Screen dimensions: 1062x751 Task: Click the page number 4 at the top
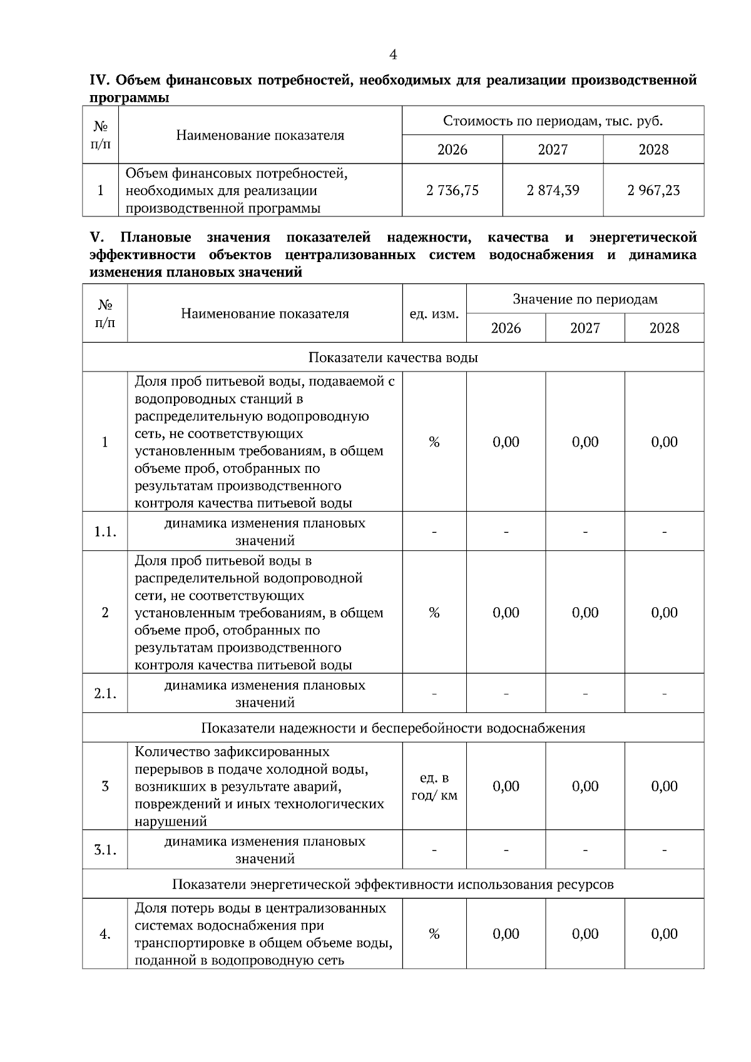393,55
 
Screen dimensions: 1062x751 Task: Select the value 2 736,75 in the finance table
452,190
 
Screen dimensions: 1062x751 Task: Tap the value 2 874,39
553,190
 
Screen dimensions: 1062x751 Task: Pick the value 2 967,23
653,190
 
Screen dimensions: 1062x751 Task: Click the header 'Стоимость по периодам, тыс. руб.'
553,121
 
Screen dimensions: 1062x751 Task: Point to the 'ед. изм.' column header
434,313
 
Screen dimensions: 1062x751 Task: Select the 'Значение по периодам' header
585,299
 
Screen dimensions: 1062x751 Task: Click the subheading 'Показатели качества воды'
393,357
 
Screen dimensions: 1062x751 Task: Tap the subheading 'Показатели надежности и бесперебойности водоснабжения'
393,728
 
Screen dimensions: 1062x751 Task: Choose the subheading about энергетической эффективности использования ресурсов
393,884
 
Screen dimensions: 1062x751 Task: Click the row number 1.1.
105,532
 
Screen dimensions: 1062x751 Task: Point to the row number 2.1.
105,694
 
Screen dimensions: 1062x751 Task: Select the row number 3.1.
105,850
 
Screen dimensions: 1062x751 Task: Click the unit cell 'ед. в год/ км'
434,787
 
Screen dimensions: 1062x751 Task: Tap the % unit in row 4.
434,934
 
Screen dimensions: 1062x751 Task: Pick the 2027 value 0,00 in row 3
585,786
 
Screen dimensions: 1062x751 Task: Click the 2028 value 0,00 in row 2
664,612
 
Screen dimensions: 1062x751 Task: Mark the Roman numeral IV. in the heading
100,81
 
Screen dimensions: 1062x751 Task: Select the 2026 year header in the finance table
452,149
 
